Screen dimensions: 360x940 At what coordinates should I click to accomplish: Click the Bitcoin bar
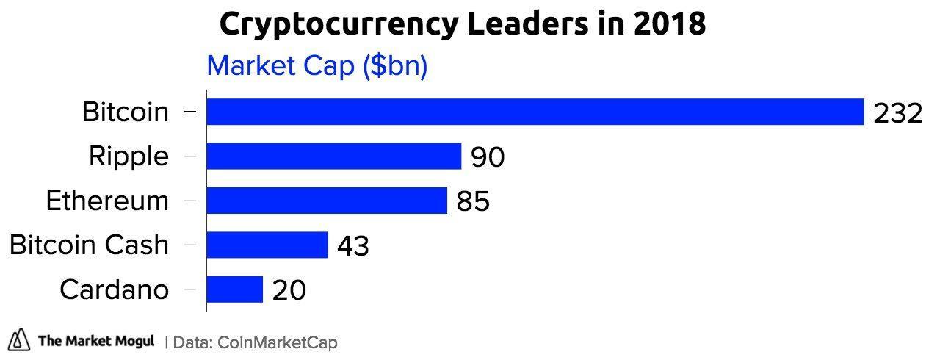pyautogui.click(x=535, y=112)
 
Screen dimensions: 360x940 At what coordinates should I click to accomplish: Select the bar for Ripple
pyautogui.click(x=333, y=156)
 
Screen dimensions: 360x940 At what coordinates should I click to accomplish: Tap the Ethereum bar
pyautogui.click(x=326, y=201)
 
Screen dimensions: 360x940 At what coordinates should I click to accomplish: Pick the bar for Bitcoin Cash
pyautogui.click(x=267, y=245)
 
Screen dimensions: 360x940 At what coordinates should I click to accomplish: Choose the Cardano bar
pyautogui.click(x=234, y=289)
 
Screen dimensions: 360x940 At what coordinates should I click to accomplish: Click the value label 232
pyautogui.click(x=897, y=113)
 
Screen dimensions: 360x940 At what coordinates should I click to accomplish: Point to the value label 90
pyautogui.click(x=488, y=157)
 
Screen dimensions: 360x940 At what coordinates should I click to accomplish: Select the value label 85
pyautogui.click(x=473, y=201)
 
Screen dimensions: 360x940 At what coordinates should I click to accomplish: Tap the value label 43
pyautogui.click(x=353, y=246)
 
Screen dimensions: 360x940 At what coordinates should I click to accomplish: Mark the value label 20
pyautogui.click(x=289, y=290)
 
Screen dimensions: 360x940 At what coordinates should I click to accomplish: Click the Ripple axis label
pyautogui.click(x=129, y=156)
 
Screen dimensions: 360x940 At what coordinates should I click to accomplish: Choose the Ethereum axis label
pyautogui.click(x=107, y=201)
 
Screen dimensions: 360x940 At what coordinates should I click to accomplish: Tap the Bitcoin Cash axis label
pyautogui.click(x=89, y=245)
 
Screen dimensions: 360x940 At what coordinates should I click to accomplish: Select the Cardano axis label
pyautogui.click(x=114, y=289)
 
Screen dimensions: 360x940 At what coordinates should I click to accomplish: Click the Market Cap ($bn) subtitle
pyautogui.click(x=317, y=65)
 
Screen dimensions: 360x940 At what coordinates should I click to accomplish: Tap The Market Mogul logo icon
pyautogui.click(x=20, y=340)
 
